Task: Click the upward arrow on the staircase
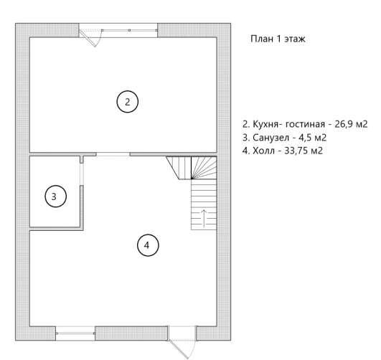[204, 218]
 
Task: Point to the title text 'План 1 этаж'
[278, 39]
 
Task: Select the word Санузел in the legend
[271, 138]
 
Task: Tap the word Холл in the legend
[263, 151]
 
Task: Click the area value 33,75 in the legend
[294, 151]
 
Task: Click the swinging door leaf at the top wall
[88, 39]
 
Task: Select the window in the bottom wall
[75, 333]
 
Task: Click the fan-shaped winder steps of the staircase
[204, 168]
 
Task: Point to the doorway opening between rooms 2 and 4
[113, 154]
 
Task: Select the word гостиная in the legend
[305, 124]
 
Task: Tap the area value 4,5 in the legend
[305, 138]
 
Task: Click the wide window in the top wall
[118, 30]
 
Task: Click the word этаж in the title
[294, 39]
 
